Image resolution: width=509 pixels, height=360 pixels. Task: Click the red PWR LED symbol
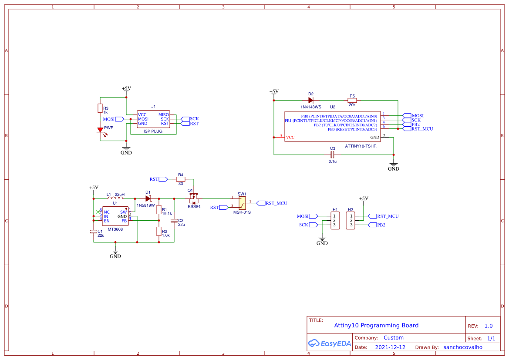[100, 130]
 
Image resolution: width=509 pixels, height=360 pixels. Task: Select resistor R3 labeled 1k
[100, 108]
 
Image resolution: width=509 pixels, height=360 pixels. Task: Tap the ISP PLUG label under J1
[153, 131]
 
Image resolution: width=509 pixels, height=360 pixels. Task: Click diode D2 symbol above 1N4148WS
[310, 100]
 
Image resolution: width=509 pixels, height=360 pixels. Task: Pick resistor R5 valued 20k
[352, 100]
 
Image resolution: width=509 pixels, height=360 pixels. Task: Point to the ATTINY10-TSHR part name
[360, 146]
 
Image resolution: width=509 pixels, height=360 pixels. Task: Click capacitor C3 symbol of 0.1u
[332, 155]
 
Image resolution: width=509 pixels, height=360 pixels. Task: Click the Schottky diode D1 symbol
[148, 199]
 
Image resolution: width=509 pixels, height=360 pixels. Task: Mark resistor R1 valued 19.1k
[159, 209]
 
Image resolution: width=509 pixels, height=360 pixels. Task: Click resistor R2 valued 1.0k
[159, 232]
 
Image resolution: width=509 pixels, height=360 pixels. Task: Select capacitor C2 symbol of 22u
[174, 221]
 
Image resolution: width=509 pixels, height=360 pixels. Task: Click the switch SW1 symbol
[242, 202]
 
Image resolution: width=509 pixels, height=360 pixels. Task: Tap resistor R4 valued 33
[180, 179]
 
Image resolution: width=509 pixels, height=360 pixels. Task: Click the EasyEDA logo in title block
[330, 343]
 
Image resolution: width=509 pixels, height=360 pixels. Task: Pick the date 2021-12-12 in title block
[390, 347]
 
